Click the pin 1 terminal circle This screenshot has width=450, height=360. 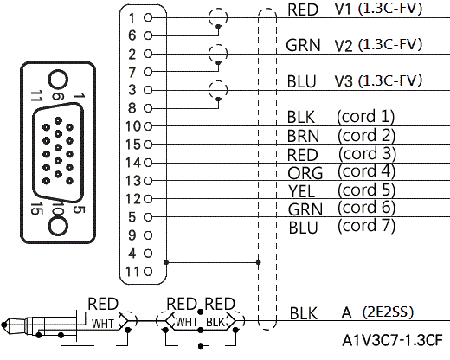pyautogui.click(x=148, y=17)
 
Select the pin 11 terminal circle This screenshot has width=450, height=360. pyautogui.click(x=148, y=272)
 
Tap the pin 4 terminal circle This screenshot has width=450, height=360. pyautogui.click(x=148, y=254)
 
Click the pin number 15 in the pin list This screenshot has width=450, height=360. pyautogui.click(x=133, y=145)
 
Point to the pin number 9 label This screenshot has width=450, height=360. pyautogui.click(x=132, y=235)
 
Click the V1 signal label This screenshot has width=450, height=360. pyautogui.click(x=343, y=10)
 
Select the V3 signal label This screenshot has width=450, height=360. pyautogui.click(x=344, y=81)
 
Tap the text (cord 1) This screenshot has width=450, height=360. pyautogui.click(x=365, y=117)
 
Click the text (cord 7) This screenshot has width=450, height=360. pyautogui.click(x=366, y=226)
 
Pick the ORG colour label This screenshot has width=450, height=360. pyautogui.click(x=305, y=173)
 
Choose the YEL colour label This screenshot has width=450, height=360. pyautogui.click(x=301, y=191)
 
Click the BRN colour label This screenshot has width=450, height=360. pyautogui.click(x=303, y=136)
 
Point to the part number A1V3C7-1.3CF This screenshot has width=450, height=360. pyautogui.click(x=392, y=341)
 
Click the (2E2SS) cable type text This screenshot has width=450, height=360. pyautogui.click(x=388, y=312)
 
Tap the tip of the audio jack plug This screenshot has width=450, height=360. pyautogui.click(x=3, y=325)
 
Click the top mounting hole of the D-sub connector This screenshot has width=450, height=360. pyautogui.click(x=58, y=80)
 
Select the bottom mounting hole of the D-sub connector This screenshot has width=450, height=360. pyautogui.click(x=58, y=226)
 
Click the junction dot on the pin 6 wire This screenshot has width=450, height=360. pyautogui.click(x=218, y=27)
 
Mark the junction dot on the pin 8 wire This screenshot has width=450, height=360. pyautogui.click(x=218, y=100)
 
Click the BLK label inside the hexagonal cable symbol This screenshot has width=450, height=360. pyautogui.click(x=215, y=322)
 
